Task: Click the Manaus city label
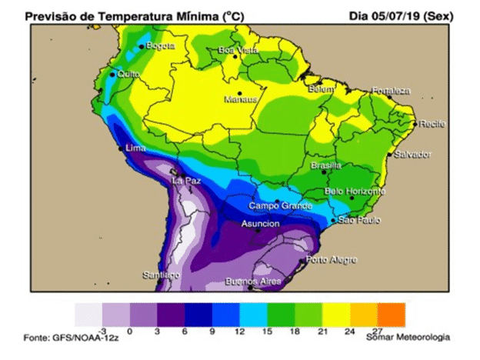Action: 241,99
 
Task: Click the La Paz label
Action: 187,181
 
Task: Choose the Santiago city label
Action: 162,275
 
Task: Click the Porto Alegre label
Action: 332,259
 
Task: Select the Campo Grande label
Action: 280,206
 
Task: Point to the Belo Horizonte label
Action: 355,191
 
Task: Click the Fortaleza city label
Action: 392,91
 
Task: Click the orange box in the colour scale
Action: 392,314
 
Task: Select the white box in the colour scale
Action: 88,314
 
